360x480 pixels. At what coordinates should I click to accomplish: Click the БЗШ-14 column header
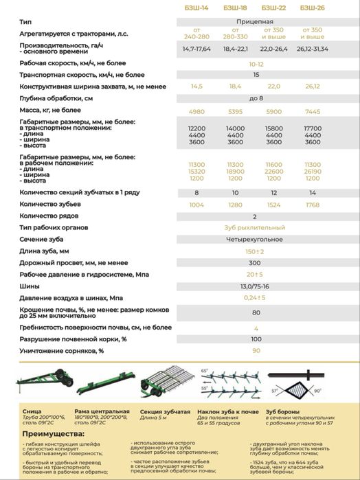196,8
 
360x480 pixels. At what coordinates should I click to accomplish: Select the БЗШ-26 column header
312,8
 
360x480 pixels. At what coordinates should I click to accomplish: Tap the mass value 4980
196,111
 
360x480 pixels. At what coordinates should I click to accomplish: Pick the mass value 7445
312,111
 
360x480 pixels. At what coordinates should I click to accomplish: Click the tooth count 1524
273,204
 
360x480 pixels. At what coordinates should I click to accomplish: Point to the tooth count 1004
196,204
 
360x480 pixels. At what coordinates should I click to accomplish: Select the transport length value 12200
196,128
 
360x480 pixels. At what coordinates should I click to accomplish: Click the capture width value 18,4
235,87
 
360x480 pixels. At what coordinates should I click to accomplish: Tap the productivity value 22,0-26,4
273,49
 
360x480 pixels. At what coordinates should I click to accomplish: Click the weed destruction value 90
256,350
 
